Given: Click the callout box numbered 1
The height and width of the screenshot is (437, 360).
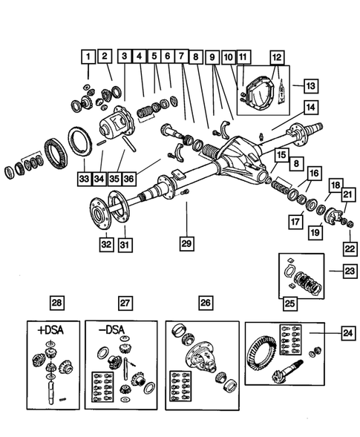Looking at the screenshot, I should pos(88,56).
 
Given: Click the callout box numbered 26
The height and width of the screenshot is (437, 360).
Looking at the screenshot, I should pos(204,303).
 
